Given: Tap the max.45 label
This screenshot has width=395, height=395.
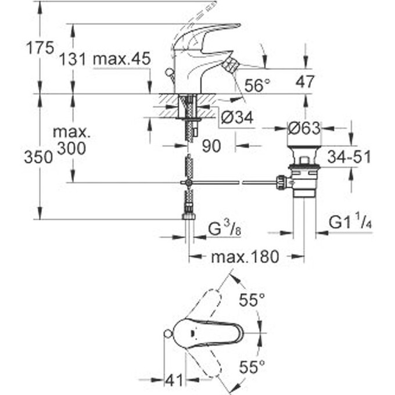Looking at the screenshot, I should click(x=122, y=59).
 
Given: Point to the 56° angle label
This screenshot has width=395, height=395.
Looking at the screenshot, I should click(x=257, y=86).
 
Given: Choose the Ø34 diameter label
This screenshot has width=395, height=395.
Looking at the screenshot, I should click(x=237, y=119).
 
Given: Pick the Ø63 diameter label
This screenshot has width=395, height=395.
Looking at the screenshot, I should click(x=304, y=127).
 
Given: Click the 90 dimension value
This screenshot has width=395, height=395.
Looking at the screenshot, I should click(x=211, y=146).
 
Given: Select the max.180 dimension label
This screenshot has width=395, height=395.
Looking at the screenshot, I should click(x=245, y=256).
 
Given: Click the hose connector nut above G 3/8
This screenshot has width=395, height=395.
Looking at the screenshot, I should click(x=188, y=217).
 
